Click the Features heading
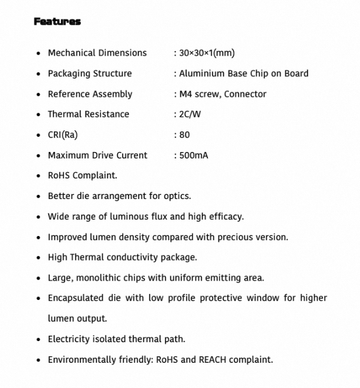57,22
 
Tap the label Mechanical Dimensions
97,53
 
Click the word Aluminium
200,73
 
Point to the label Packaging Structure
89,73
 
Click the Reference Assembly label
90,94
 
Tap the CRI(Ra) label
62,134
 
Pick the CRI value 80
184,134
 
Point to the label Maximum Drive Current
97,156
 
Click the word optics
177,196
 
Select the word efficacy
224,217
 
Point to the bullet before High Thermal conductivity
38,258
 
